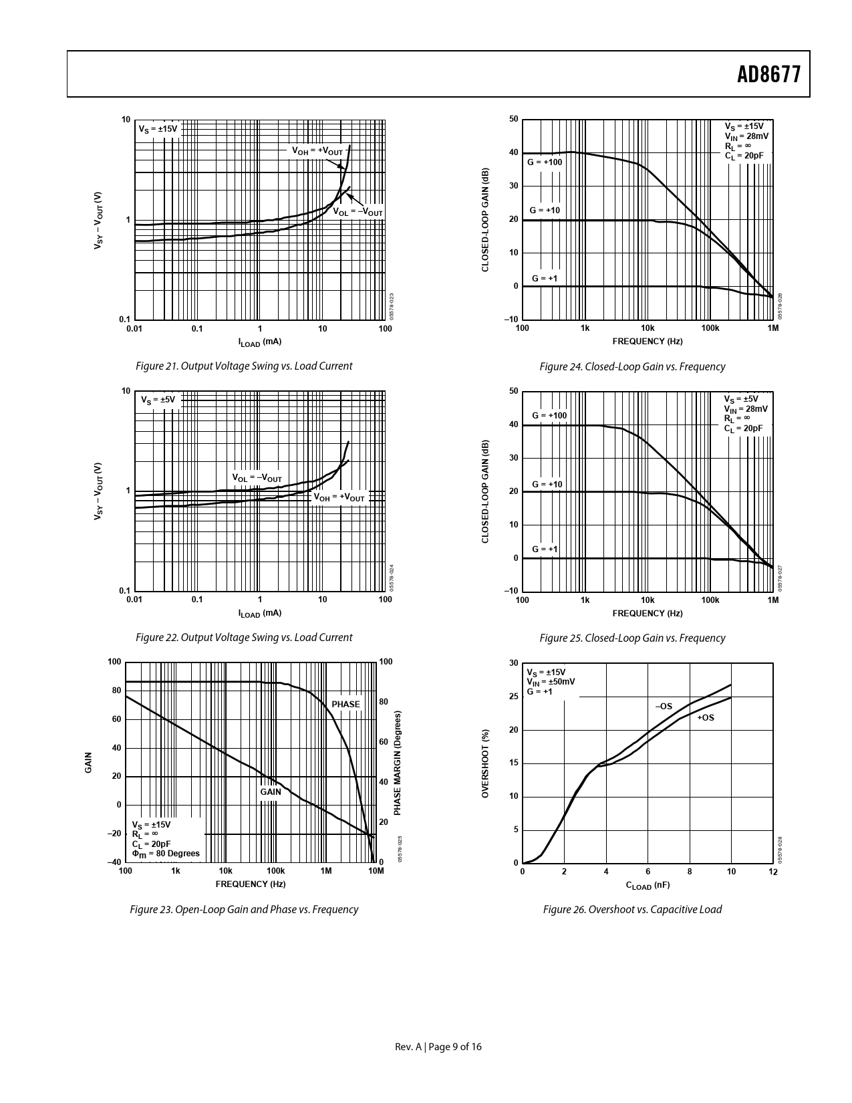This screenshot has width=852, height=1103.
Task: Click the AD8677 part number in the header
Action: (768, 74)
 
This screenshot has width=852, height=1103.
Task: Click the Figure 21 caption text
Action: (243, 366)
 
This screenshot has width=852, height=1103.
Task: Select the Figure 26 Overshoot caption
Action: (631, 909)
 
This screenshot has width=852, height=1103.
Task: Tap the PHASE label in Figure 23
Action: (345, 704)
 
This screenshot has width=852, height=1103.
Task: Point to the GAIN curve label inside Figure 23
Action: (271, 791)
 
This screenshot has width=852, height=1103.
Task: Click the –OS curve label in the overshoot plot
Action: (663, 706)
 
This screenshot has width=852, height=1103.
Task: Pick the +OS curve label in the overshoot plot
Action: (705, 718)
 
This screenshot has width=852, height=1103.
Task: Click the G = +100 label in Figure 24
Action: (545, 162)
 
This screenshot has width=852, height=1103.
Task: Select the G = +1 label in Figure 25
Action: (545, 549)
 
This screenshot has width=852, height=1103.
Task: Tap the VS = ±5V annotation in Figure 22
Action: (158, 400)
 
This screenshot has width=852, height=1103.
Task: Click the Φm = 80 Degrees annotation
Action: (166, 854)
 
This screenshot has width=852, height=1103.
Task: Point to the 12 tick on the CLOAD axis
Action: (773, 872)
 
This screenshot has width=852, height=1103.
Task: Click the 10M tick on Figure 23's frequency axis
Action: (376, 871)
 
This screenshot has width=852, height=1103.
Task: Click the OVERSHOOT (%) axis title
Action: (486, 763)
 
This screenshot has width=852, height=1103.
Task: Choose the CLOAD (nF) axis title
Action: (647, 885)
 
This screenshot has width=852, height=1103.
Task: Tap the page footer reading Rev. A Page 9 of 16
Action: (438, 1047)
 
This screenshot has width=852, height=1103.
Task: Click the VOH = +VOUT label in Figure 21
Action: (317, 151)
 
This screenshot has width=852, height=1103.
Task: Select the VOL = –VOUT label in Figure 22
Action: (257, 478)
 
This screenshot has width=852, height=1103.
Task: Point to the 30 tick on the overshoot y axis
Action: (513, 663)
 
